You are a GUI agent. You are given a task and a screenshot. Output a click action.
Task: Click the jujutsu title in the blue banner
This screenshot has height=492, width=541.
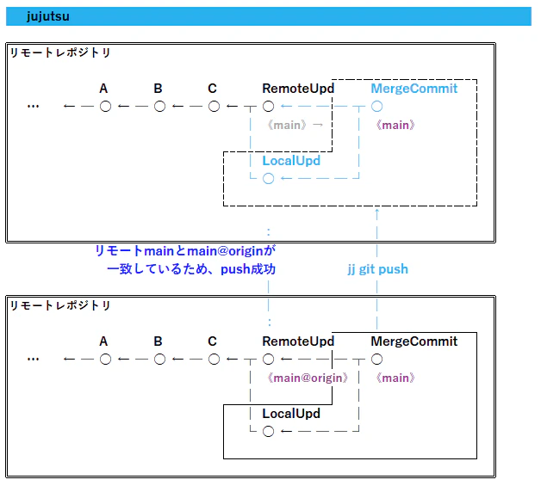coord(48,16)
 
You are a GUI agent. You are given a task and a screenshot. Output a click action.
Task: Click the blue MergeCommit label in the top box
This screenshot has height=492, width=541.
coord(414,89)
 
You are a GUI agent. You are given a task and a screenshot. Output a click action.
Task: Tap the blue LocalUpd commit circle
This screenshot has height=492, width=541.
coord(269,178)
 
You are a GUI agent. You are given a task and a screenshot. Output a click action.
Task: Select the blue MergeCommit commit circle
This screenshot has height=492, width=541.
coord(376,107)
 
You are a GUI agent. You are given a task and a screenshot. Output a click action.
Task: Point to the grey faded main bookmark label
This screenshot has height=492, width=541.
coord(287,125)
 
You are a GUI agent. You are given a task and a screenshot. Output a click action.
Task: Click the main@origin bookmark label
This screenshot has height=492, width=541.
coord(308,378)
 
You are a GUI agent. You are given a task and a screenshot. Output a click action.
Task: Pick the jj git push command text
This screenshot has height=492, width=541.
coord(378,269)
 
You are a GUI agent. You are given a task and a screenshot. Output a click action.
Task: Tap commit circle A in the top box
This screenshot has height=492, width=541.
coord(106,107)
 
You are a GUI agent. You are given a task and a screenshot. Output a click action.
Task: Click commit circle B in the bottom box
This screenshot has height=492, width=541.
coord(159,360)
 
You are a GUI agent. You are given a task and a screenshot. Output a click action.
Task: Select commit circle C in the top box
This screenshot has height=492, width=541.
coord(214,107)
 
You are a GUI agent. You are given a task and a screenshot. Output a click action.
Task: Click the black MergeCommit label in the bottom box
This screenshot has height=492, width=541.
coord(414,341)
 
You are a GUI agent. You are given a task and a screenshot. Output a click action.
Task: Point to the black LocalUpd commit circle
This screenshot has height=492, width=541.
coord(269,432)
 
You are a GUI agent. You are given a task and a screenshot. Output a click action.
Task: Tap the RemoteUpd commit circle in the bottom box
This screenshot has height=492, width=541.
coord(269,360)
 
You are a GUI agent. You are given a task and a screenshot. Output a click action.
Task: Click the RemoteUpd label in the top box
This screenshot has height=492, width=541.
coord(298,89)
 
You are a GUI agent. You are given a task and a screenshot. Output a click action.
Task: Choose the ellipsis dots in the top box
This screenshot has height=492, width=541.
coord(33,107)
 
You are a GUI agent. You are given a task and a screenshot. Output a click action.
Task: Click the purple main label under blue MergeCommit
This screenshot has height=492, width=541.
coord(395,125)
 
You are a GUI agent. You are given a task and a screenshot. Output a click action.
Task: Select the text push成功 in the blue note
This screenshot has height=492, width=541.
coord(248,269)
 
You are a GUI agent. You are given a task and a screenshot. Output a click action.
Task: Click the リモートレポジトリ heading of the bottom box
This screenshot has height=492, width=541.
coord(60,305)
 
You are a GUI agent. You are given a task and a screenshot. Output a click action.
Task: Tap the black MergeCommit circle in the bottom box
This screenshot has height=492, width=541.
coord(376,360)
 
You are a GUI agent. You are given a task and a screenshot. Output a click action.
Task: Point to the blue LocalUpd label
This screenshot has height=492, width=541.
coord(291,161)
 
